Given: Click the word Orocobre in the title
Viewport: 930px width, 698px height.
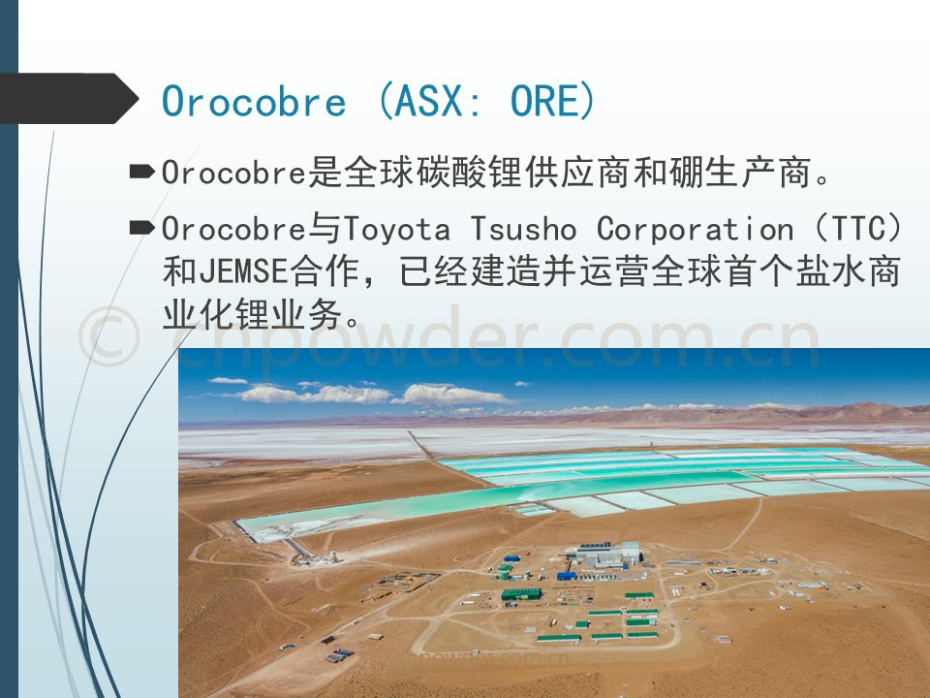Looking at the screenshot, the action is [253, 101].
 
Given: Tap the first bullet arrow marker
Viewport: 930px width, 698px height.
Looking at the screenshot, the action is [141, 172].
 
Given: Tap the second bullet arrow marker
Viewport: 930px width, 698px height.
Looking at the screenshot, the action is [141, 227].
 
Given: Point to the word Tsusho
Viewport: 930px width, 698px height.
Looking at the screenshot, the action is [523, 230].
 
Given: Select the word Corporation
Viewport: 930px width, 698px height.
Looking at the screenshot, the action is [695, 229].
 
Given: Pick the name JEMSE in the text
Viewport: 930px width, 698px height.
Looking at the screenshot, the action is [244, 271].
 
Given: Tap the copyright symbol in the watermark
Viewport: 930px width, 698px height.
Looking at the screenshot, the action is [109, 336].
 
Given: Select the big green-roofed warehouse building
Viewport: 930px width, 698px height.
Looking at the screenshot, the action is [521, 593].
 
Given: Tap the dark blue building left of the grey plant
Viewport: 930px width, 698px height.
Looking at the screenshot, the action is [567, 575].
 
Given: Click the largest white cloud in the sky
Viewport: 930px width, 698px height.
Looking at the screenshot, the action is [450, 395].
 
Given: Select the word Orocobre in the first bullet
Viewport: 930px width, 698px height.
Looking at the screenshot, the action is [233, 174].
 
